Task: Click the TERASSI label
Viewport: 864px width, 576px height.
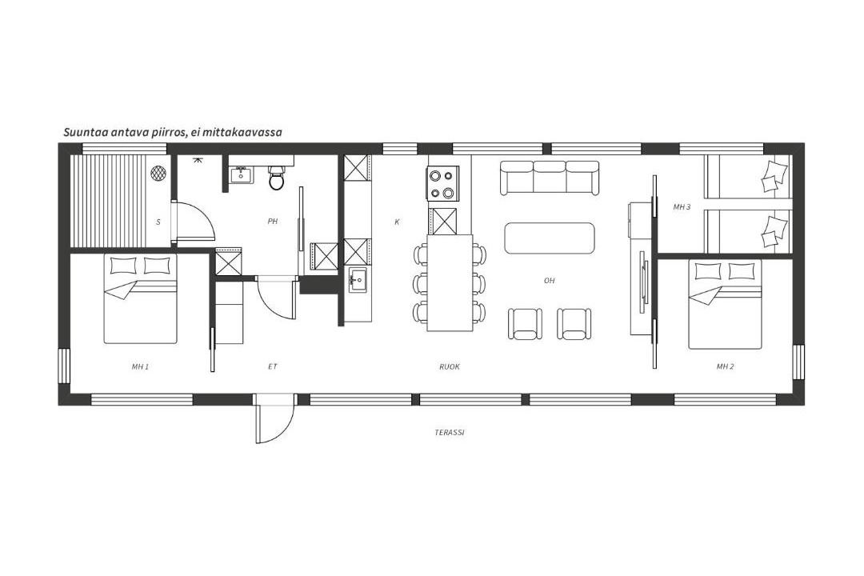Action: pos(449,433)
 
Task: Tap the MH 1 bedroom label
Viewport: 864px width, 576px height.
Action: pos(140,366)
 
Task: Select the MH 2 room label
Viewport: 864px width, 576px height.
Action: pos(725,366)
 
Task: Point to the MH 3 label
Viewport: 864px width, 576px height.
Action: pos(682,207)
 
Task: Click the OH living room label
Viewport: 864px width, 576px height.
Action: pos(550,281)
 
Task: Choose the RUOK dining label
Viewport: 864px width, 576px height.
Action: pos(449,366)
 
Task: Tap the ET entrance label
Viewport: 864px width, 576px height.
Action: pos(272,366)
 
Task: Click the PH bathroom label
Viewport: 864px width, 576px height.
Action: pos(272,222)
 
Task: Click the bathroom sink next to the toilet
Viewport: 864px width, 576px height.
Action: pos(242,174)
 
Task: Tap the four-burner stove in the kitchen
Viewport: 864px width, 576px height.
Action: pos(442,183)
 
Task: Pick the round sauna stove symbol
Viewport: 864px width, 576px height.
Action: pos(158,173)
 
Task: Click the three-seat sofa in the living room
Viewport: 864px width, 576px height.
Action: pos(550,178)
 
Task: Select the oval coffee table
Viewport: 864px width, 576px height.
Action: pos(550,238)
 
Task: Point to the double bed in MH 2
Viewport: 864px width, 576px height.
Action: pos(725,304)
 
